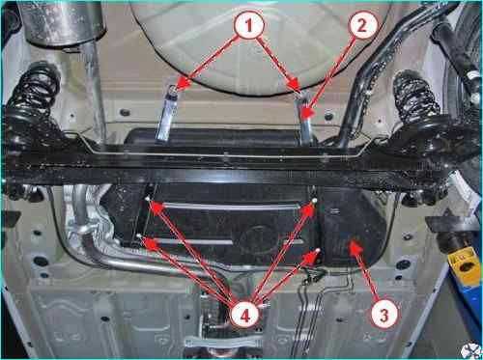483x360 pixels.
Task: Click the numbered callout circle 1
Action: [249, 25]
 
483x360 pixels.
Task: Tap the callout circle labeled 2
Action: [362, 25]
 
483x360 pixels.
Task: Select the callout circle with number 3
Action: [384, 315]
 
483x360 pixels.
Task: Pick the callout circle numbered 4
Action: [245, 315]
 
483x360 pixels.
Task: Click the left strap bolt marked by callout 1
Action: [173, 89]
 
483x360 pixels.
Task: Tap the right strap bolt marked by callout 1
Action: [299, 94]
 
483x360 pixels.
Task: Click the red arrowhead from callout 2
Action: [307, 114]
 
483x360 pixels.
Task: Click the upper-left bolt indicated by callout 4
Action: [148, 200]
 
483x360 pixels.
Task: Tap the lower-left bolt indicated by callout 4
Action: [139, 235]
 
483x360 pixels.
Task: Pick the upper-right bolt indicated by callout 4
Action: [314, 201]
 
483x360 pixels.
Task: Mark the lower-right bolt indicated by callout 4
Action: [318, 251]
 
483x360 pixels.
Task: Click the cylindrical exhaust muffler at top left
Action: [66, 22]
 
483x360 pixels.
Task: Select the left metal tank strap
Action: [166, 118]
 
